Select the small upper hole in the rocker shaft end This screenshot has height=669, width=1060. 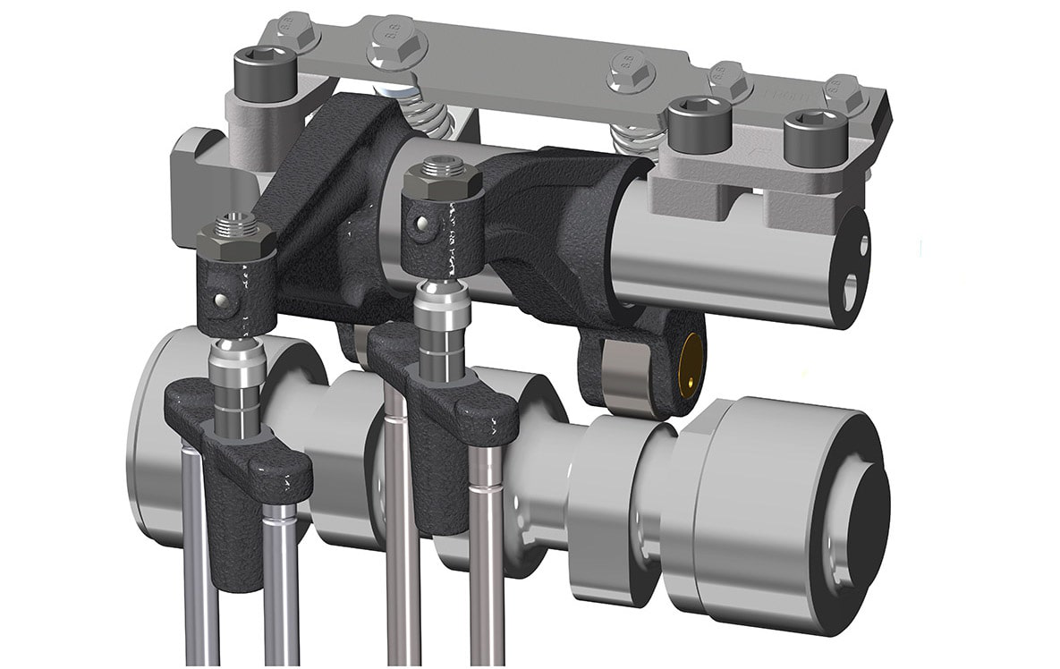click(x=863, y=243)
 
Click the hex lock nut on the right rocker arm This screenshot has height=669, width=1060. click(x=442, y=182)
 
